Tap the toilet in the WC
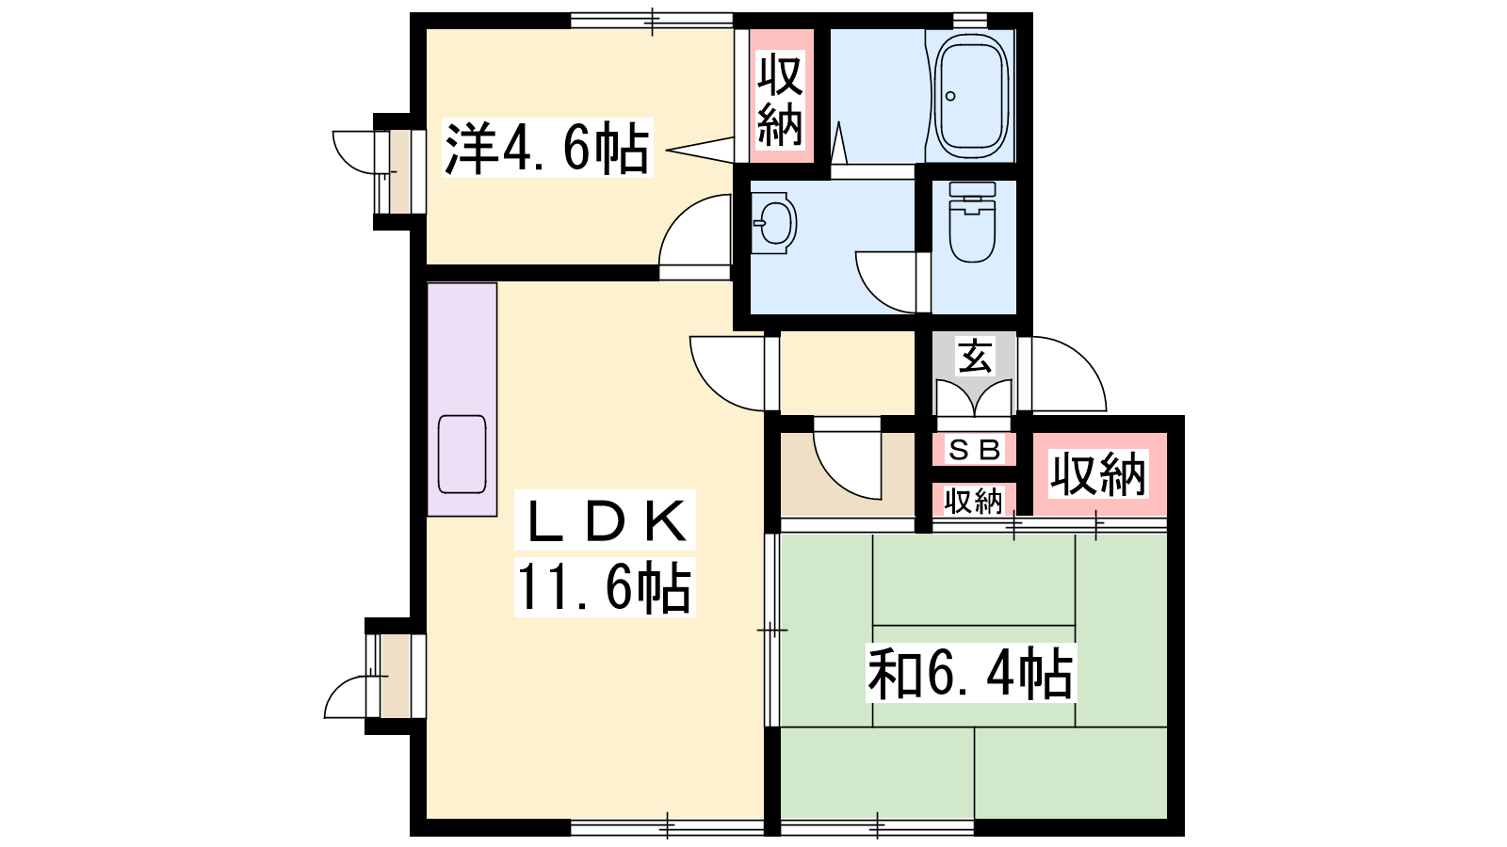pyautogui.click(x=972, y=222)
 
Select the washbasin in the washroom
pyautogui.click(x=773, y=222)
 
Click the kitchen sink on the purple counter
pyautogui.click(x=462, y=455)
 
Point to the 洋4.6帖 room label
pyautogui.click(x=547, y=148)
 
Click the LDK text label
pyautogui.click(x=605, y=521)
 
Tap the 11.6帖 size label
pyautogui.click(x=604, y=587)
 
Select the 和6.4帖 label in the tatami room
pyautogui.click(x=970, y=673)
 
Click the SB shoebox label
pyautogui.click(x=974, y=450)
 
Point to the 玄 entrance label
pyautogui.click(x=974, y=356)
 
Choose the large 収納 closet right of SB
pyautogui.click(x=1098, y=475)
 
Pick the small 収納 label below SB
pyautogui.click(x=973, y=501)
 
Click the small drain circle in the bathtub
pyautogui.click(x=950, y=96)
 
